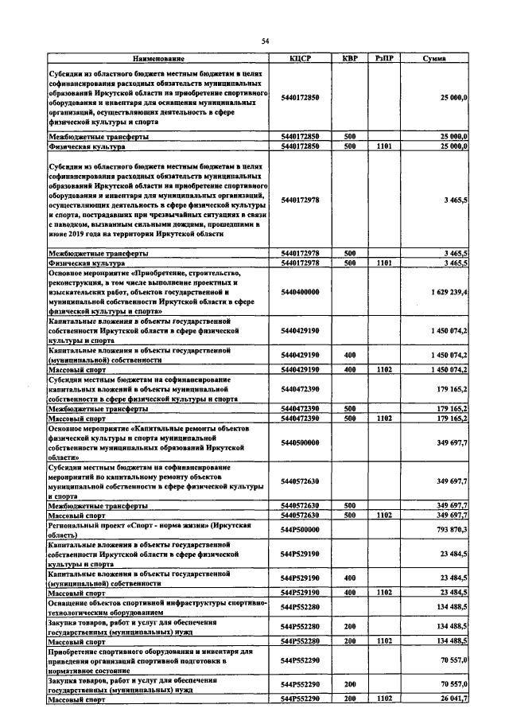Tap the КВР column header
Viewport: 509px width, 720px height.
[349, 59]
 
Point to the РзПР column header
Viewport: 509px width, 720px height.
[385, 59]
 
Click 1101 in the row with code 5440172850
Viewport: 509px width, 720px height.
[385, 147]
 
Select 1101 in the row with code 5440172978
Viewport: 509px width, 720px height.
[385, 263]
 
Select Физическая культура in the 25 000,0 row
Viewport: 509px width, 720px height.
[87, 147]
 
